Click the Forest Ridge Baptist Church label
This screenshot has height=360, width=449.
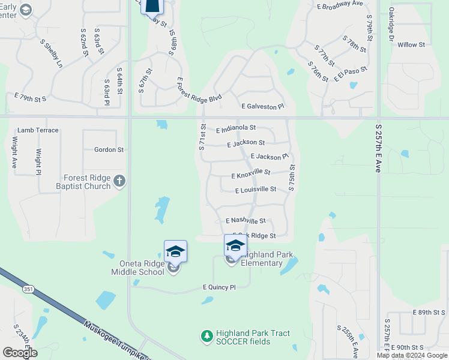pyautogui.click(x=88, y=182)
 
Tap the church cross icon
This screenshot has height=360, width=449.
pyautogui.click(x=119, y=180)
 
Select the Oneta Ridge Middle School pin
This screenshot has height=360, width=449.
pyautogui.click(x=175, y=251)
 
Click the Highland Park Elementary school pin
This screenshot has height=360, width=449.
pyautogui.click(x=235, y=245)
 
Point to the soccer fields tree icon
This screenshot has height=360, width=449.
pyautogui.click(x=206, y=335)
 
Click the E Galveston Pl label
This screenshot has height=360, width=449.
pyautogui.click(x=262, y=106)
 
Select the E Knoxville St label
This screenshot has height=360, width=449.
pyautogui.click(x=251, y=173)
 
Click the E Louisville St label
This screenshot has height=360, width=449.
pyautogui.click(x=256, y=190)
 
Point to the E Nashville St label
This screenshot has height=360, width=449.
pyautogui.click(x=246, y=221)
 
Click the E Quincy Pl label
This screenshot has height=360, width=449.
pyautogui.click(x=219, y=287)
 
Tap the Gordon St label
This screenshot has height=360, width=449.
pyautogui.click(x=109, y=149)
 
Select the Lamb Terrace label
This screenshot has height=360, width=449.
pyautogui.click(x=38, y=130)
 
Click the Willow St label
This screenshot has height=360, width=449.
pyautogui.click(x=411, y=45)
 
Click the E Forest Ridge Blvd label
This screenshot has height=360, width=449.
pyautogui.click(x=199, y=91)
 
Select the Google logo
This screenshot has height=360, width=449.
pyautogui.click(x=20, y=353)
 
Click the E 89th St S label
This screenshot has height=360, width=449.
pyautogui.click(x=430, y=313)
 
